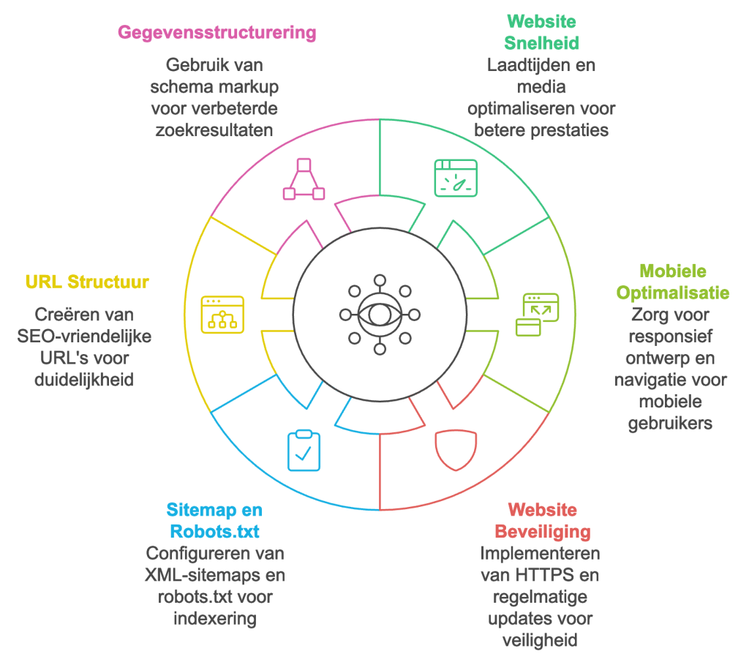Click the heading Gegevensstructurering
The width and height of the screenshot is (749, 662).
point(217,32)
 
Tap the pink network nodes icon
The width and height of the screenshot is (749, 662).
point(304,179)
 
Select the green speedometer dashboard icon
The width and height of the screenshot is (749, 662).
point(456,178)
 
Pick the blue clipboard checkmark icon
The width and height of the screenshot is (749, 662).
point(304,451)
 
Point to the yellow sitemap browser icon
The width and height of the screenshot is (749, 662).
point(222,315)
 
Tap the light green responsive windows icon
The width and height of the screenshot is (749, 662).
point(538,315)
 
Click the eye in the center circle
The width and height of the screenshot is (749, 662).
point(380,315)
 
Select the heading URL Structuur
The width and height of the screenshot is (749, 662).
point(87,282)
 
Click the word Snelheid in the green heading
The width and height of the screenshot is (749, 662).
point(542,43)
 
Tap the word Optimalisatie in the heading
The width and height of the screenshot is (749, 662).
point(673,293)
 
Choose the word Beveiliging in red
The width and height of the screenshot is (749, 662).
point(543,532)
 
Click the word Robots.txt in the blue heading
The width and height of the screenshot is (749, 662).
point(214,532)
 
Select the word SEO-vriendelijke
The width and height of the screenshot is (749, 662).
point(84,336)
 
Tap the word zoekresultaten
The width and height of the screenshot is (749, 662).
point(214,130)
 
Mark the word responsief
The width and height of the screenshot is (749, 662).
point(670,336)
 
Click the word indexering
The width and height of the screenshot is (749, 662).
point(215,619)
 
